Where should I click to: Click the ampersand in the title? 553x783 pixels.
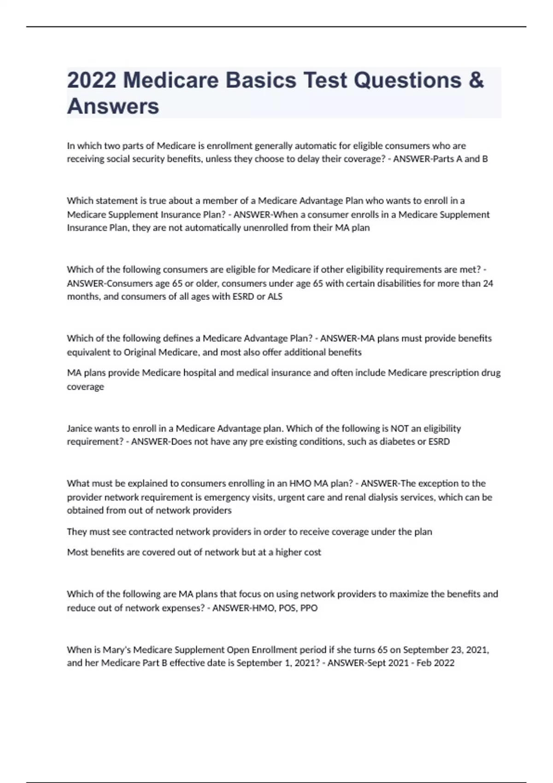coord(476,80)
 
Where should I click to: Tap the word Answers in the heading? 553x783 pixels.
coord(113,106)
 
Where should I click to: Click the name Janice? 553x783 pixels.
coord(79,428)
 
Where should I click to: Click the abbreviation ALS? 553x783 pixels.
coord(275,297)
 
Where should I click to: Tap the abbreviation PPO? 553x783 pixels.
coord(309,608)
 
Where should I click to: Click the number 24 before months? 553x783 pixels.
coord(488,283)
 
